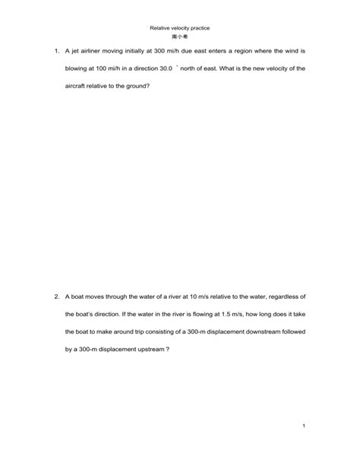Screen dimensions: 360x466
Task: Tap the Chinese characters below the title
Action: pyautogui.click(x=180, y=36)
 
